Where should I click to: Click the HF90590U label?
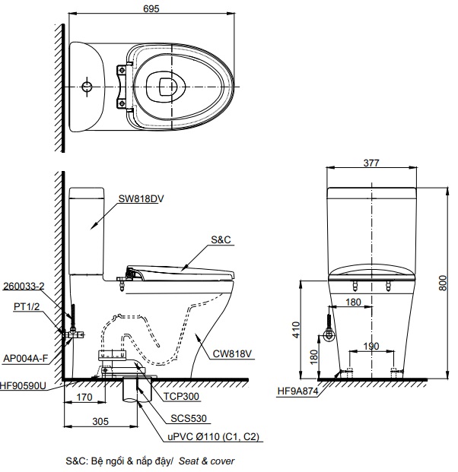[x=24, y=386]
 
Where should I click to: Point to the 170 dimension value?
[x=85, y=396]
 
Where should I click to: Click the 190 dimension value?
[x=371, y=346]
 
